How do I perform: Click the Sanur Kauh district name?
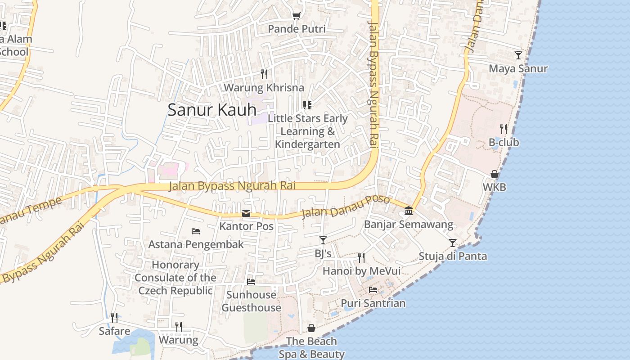212,110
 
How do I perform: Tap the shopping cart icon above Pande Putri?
296,16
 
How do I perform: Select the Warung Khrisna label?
264,87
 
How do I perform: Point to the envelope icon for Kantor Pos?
246,213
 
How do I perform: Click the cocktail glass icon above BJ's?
323,240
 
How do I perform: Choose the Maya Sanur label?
518,69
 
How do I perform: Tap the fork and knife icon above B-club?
504,129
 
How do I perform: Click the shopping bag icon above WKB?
494,174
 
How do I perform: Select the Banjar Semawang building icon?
409,211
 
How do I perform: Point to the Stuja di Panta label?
453,256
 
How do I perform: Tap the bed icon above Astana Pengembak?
196,231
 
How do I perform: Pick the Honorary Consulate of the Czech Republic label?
175,278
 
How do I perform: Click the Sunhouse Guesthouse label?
251,301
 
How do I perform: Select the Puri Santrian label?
373,303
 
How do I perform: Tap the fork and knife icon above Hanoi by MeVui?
361,258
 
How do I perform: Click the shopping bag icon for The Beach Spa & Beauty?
311,328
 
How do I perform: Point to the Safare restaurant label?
114,332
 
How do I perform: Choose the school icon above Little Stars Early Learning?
307,105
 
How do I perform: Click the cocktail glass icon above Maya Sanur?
518,55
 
